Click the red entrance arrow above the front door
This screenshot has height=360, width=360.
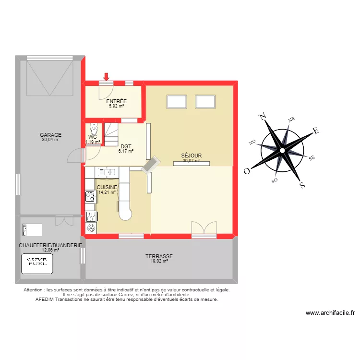[106, 76]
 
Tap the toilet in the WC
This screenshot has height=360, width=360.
[93, 129]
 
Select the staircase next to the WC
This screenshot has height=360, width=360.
[111, 134]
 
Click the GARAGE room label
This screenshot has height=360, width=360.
[50, 135]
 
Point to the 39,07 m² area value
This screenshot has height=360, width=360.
[191, 161]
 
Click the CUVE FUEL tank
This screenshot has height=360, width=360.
[37, 263]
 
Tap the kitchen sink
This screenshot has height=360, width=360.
[107, 171]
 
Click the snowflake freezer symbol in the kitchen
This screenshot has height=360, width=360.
[90, 228]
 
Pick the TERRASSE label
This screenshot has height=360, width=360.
[159, 256]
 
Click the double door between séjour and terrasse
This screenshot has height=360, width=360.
[204, 229]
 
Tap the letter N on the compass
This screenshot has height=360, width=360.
[262, 117]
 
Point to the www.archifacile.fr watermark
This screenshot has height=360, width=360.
[330, 313]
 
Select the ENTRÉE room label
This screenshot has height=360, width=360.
[116, 101]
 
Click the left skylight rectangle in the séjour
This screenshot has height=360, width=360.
[176, 102]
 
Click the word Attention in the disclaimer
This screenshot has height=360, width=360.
[34, 290]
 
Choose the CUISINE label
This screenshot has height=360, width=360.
[107, 187]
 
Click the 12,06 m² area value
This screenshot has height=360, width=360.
[50, 250]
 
